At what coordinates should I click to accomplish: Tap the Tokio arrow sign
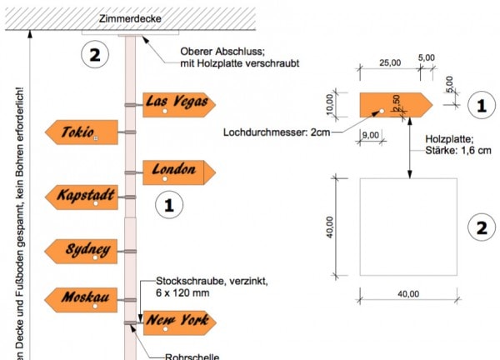coord(79,132)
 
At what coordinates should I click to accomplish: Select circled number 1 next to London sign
coord(169,203)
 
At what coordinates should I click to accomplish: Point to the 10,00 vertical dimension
coord(329,104)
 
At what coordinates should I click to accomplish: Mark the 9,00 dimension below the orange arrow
coord(372,133)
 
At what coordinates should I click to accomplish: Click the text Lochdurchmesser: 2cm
coord(277,132)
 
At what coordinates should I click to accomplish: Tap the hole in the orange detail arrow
coord(382,110)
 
